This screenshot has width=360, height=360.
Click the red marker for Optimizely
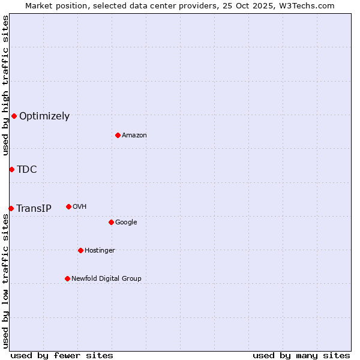coord(14,116)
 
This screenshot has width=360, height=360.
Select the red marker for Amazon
coord(118,135)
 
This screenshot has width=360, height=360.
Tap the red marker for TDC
coord(11,169)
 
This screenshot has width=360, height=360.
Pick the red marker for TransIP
coord(11,208)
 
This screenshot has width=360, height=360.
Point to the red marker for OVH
coord(68,206)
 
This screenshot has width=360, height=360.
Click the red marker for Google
coord(111,222)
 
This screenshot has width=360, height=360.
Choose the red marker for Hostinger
coord(80,250)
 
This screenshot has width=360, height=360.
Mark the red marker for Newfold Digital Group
coord(67,278)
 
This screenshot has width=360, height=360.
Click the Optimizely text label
coord(44,116)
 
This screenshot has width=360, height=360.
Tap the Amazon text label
coord(134,136)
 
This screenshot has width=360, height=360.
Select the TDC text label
coord(27,170)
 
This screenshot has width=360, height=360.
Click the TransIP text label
coord(34,209)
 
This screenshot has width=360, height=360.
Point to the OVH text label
coord(80,207)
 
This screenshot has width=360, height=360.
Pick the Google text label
coord(126,223)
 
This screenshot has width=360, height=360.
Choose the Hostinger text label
coord(100,251)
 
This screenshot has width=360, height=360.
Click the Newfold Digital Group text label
coord(106,279)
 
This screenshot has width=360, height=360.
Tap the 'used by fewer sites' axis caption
coord(62,355)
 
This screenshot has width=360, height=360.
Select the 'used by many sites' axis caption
coord(301,355)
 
